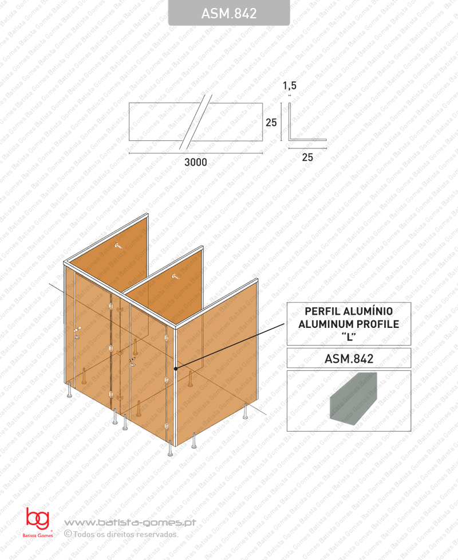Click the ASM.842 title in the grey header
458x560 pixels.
click(229, 14)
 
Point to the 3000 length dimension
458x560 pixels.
click(195, 162)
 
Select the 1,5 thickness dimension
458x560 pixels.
click(290, 86)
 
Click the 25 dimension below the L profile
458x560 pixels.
click(307, 157)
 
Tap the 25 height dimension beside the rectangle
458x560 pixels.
click(271, 123)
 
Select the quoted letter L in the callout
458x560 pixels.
click(349, 336)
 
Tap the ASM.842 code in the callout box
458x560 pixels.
click(349, 359)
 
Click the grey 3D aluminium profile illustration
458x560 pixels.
click(353, 398)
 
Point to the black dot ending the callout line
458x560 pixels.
click(176, 368)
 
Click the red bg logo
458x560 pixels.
click(37, 519)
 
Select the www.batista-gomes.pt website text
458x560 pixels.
click(130, 523)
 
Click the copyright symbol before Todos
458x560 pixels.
click(68, 534)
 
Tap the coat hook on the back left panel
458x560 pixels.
click(119, 245)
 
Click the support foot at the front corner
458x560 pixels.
click(170, 449)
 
